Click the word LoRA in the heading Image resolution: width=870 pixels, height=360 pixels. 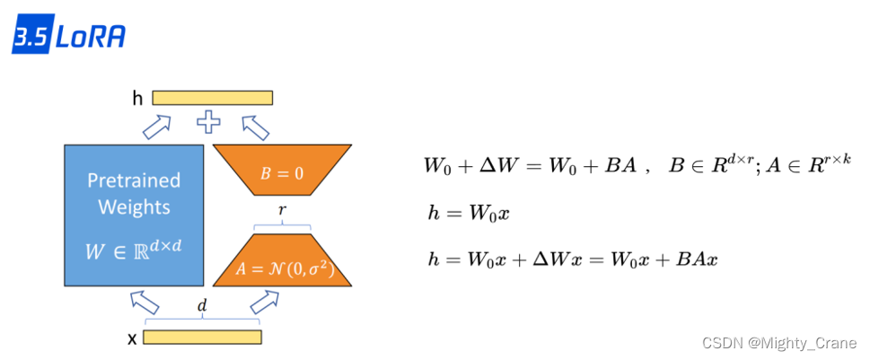click(x=90, y=38)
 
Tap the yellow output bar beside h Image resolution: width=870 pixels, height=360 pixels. click(x=212, y=98)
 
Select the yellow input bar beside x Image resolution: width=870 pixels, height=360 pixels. click(x=202, y=338)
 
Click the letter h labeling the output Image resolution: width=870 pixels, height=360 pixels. click(x=136, y=99)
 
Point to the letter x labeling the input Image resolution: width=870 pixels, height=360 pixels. click(x=132, y=338)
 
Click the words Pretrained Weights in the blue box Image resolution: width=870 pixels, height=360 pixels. click(x=134, y=194)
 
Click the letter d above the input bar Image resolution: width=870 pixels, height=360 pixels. click(x=202, y=307)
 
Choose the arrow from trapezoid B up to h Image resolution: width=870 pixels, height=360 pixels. click(x=255, y=127)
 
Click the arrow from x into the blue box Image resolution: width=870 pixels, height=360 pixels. click(x=144, y=300)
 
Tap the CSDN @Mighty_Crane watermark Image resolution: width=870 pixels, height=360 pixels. click(x=778, y=343)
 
